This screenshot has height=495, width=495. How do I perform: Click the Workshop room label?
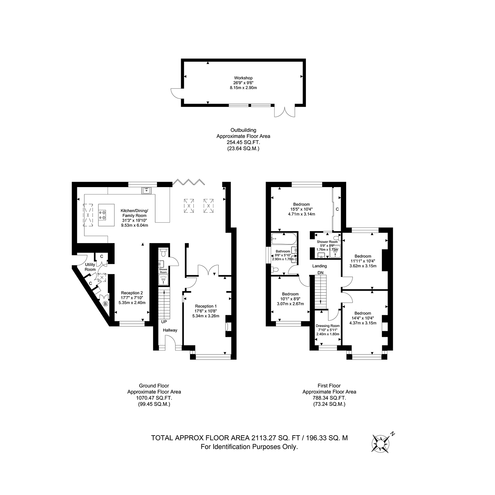coord(243,78)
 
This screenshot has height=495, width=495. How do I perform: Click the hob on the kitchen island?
coord(103,214)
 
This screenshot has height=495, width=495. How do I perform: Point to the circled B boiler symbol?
coord(106,303)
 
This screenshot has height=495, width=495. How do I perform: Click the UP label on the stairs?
coord(164,322)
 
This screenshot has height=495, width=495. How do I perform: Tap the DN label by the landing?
coord(320,272)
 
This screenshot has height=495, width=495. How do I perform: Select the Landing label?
coord(319,266)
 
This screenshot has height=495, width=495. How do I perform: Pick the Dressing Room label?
coord(328,326)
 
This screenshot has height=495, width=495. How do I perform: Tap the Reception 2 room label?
coord(132,293)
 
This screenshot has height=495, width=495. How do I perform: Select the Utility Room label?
coord(90,267)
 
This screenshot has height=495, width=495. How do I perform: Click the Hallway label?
coord(170,330)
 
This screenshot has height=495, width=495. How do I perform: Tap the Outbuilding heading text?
coord(243,130)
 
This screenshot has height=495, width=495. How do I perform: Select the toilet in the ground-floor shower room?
coord(164,253)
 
